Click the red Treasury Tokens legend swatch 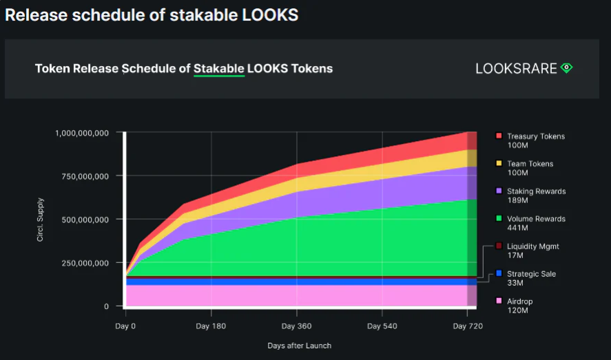pos(499,136)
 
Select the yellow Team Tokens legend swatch pos(499,164)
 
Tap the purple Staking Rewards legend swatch pos(499,191)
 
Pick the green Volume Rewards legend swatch pos(499,219)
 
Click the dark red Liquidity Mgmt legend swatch pos(499,246)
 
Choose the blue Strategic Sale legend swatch pos(499,274)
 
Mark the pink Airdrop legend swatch pos(499,301)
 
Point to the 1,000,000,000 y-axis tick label pos(82,133)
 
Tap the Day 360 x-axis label pos(296,325)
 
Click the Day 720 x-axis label pos(468,325)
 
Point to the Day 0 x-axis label pos(125,325)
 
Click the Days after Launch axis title pos(299,346)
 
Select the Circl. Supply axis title pos(41,220)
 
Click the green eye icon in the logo pos(566,67)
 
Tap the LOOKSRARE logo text pos(516,68)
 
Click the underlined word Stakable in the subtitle pos(219,68)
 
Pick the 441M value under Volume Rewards pos(517,228)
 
